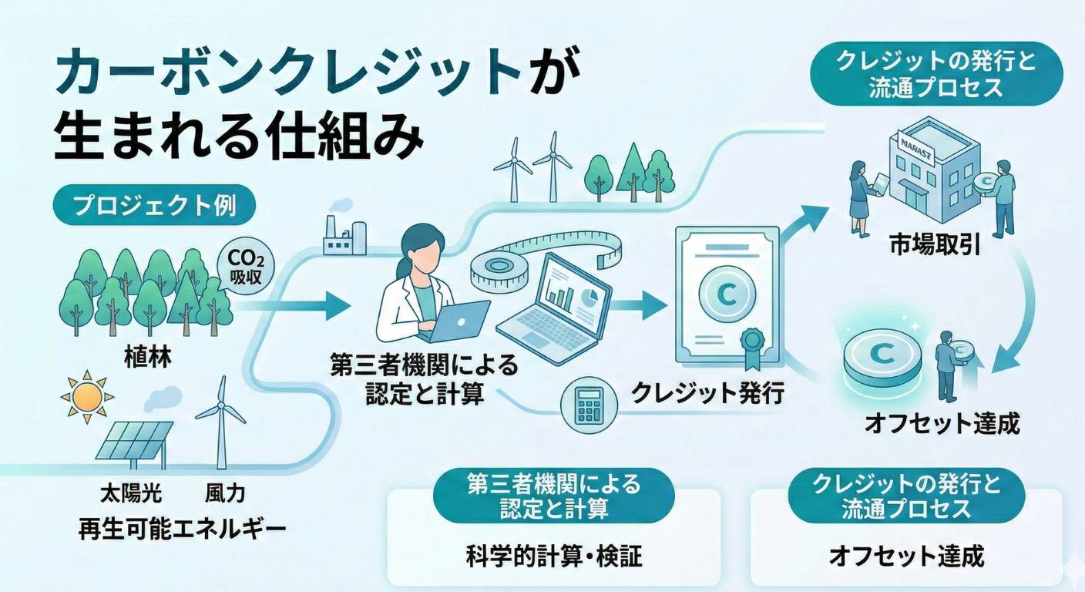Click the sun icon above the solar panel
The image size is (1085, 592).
[88, 397]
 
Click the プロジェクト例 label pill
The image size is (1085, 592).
[155, 205]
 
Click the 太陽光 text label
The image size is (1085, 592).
[131, 494]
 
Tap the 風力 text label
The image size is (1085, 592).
[225, 494]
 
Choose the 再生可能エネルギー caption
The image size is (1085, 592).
[182, 530]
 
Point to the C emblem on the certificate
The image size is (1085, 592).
[727, 294]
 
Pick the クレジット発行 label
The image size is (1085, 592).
[707, 392]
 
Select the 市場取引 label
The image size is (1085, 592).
[935, 246]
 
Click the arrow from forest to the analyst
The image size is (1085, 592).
[293, 305]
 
